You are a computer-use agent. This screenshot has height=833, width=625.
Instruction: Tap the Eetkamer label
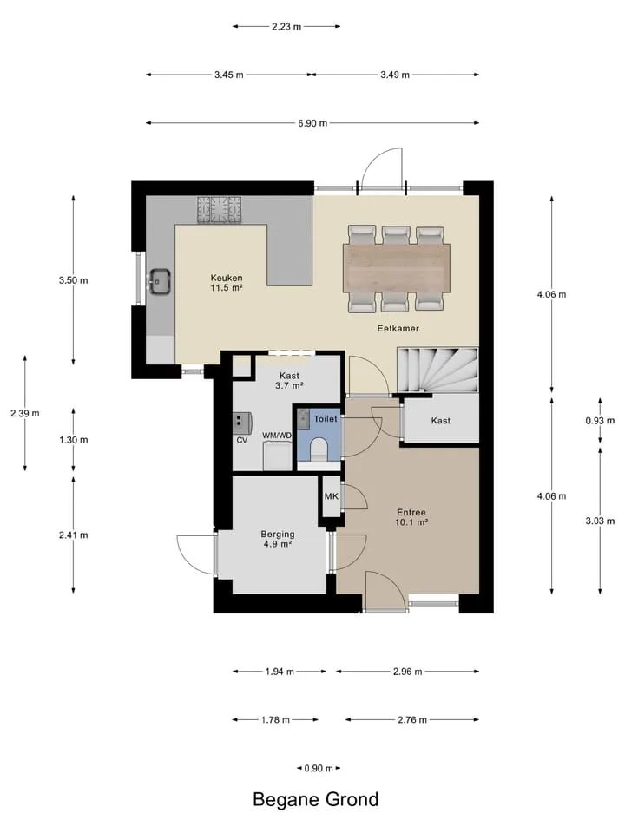point(398,328)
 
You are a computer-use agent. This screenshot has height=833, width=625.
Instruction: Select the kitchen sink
point(160,281)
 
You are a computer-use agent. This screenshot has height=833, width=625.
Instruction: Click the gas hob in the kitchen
point(219,209)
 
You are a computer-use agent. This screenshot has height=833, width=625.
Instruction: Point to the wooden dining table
point(397,268)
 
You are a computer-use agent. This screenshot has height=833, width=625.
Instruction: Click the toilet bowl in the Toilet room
point(319,449)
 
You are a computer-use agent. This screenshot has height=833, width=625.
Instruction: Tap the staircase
point(437,370)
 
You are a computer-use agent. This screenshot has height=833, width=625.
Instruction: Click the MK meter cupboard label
point(331,496)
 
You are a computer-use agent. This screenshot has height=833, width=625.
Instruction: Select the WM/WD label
point(277,436)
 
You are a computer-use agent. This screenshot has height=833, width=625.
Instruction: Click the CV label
point(242,441)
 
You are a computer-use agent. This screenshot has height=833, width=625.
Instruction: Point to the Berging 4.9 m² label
point(278,539)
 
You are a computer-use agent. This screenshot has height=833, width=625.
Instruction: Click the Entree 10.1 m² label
point(411,517)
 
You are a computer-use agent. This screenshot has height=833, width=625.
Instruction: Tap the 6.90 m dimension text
point(312,123)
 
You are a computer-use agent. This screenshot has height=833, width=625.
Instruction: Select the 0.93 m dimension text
point(600,421)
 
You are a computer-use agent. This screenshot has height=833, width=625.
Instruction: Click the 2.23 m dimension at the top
point(286,27)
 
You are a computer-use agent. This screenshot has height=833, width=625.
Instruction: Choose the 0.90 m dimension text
point(319,768)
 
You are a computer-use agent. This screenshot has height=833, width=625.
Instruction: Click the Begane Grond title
point(316,799)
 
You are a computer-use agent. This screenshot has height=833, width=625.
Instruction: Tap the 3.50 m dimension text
point(73,280)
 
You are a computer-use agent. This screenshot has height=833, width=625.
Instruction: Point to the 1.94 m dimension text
point(280,672)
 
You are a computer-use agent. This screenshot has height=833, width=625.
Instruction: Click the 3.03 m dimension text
point(600,521)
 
